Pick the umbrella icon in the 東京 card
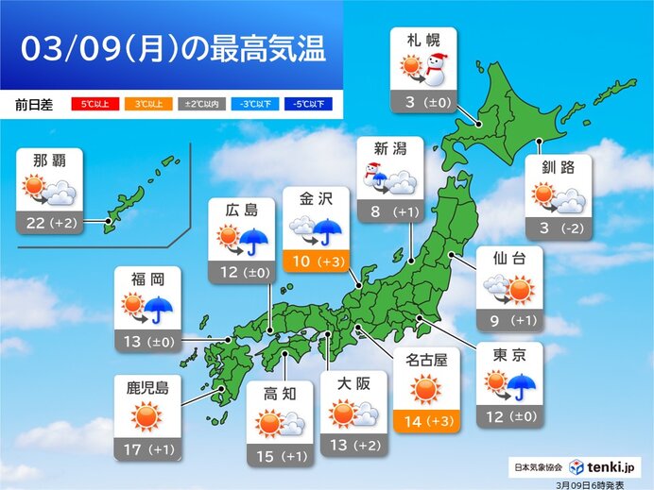coord(523,384)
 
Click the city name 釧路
coord(559,167)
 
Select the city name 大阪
coord(352,382)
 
